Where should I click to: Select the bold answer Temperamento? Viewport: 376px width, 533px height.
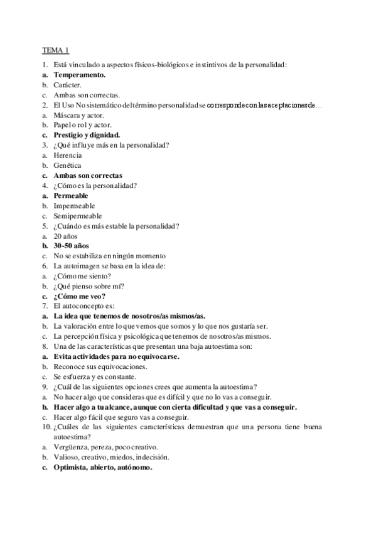[79, 74]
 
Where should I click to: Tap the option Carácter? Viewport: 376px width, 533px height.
[67, 84]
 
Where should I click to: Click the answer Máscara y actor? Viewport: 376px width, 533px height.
[78, 115]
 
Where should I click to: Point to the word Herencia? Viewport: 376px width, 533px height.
[67, 155]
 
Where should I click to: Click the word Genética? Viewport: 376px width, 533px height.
[67, 165]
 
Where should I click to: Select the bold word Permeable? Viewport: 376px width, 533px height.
[71, 195]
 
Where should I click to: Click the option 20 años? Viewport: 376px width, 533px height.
[65, 236]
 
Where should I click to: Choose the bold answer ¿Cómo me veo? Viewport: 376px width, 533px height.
[79, 296]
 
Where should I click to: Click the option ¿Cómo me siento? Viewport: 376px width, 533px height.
[82, 276]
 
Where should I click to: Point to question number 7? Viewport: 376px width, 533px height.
[45, 306]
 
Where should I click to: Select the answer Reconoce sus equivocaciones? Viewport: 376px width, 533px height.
[100, 366]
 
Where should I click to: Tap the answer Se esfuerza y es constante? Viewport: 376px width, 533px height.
[94, 376]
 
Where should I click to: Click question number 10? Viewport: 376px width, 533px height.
[46, 427]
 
